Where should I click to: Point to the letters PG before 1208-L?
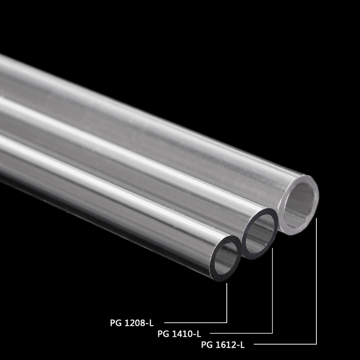[116, 322]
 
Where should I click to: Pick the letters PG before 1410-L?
[163, 334]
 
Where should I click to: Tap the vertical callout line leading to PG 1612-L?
[317, 279]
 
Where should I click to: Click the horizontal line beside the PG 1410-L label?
[241, 333]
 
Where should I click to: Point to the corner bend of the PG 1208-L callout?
[227, 322]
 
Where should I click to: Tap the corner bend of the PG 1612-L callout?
[317, 345]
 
